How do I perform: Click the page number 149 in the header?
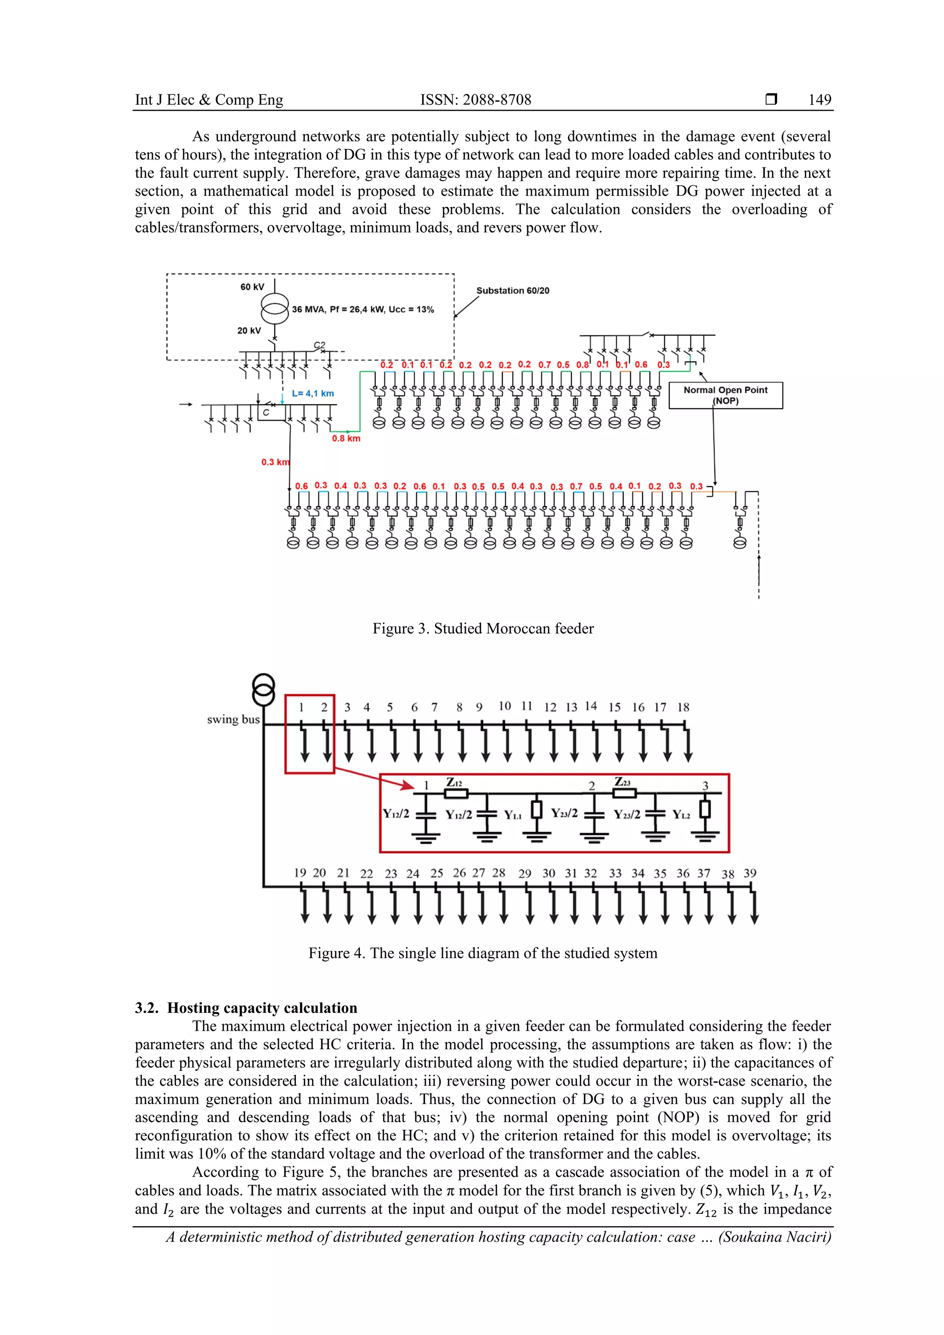[x=819, y=100]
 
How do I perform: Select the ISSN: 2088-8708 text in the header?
[x=475, y=100]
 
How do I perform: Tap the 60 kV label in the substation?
[x=252, y=287]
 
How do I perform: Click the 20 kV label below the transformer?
[x=249, y=330]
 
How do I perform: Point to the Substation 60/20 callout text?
[x=513, y=291]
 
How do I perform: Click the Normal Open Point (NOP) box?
[x=726, y=395]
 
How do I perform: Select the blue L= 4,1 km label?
[x=313, y=394]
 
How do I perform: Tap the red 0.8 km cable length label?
[x=346, y=438]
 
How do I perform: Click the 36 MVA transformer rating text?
[x=363, y=309]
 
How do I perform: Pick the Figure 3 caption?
[x=483, y=629]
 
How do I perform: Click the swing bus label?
[x=233, y=719]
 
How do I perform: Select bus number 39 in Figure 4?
[x=750, y=873]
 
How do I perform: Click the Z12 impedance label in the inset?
[x=454, y=782]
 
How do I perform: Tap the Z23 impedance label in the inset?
[x=622, y=782]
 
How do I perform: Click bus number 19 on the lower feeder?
[x=300, y=873]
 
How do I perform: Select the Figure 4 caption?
[x=483, y=953]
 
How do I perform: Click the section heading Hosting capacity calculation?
[x=262, y=1008]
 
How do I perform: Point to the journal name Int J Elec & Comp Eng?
[x=209, y=100]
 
